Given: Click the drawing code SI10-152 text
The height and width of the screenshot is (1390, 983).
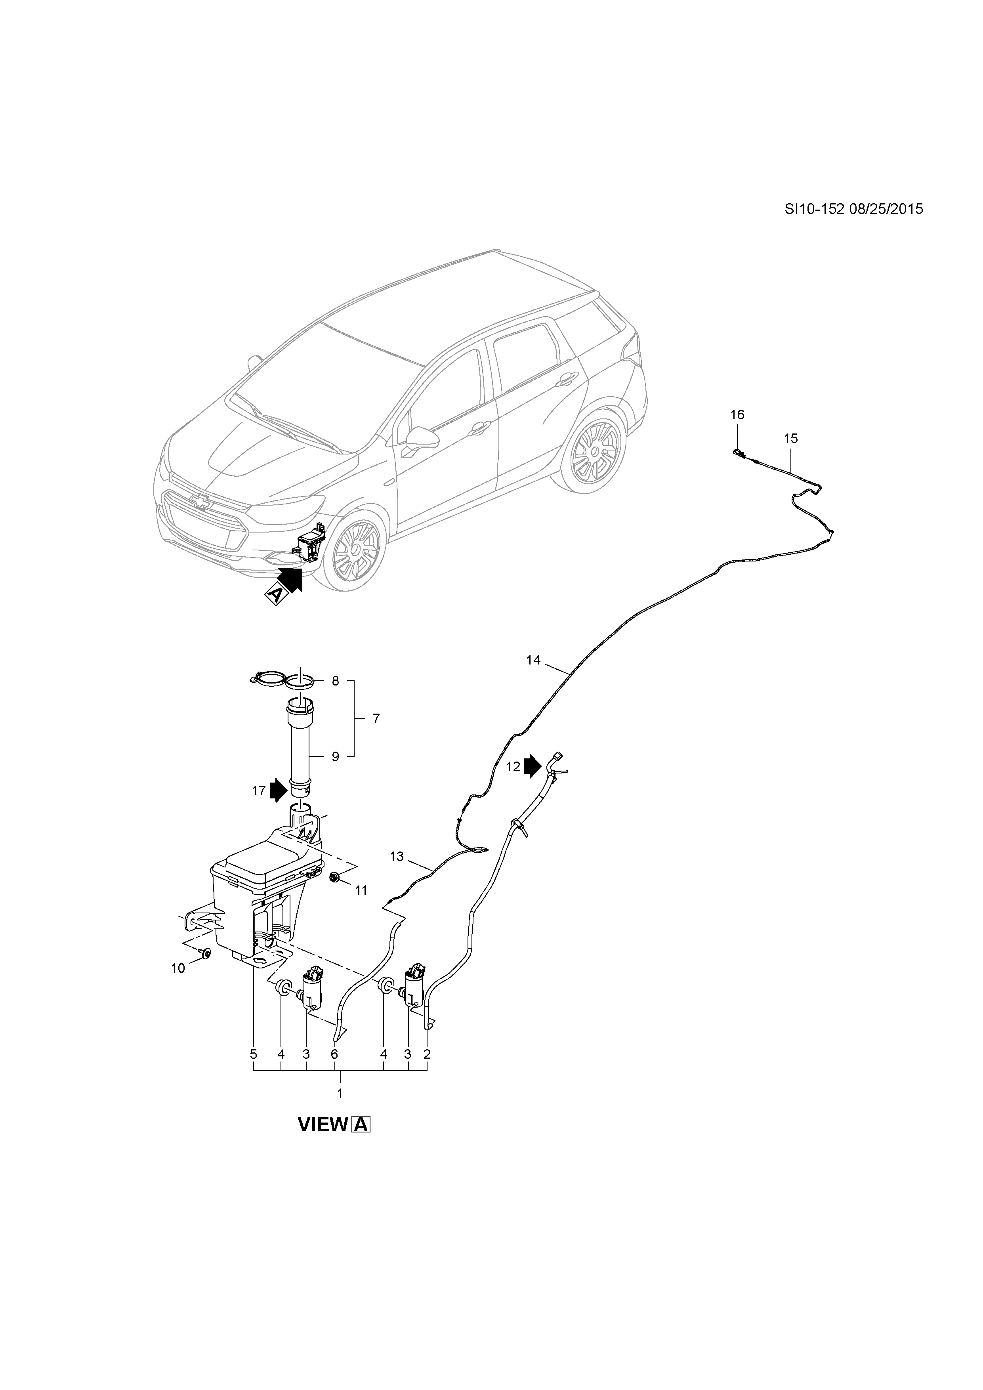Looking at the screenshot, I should tap(814, 210).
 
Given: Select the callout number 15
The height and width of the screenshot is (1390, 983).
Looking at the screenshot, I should tap(790, 438).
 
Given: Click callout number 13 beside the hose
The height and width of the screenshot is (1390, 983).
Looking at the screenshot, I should tap(397, 856).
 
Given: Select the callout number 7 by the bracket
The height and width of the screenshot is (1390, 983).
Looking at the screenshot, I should tap(376, 719).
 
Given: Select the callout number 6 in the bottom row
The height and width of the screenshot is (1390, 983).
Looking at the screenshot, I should tap(334, 1054).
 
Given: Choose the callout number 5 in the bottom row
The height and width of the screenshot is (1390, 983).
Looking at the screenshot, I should tap(254, 1054).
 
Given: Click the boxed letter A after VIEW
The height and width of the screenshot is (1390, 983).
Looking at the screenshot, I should tap(361, 1125).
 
